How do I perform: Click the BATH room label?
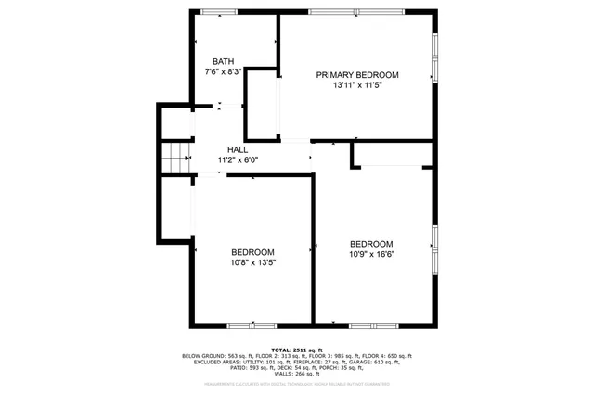tap(223, 60)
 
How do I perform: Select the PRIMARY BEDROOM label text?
tap(357, 75)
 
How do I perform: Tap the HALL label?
tap(238, 149)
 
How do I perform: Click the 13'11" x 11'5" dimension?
tap(357, 85)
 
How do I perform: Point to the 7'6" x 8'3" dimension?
tap(223, 70)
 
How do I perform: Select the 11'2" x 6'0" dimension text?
tap(238, 159)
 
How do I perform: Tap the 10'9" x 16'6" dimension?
tap(370, 254)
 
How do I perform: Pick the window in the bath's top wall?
tap(219, 11)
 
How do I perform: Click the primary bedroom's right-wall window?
tap(433, 60)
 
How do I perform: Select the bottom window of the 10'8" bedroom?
tap(252, 325)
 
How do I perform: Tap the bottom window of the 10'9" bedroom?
tap(374, 325)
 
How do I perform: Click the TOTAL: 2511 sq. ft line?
tap(297, 350)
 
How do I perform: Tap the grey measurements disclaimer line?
tap(297, 383)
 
